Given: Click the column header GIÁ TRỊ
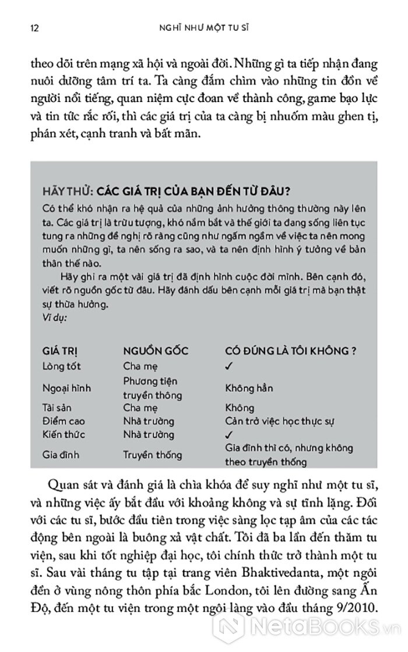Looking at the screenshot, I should pyautogui.click(x=64, y=352).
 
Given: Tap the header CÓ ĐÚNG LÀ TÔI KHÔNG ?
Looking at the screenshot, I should pyautogui.click(x=290, y=352).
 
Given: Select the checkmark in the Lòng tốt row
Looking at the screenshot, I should pyautogui.click(x=228, y=366).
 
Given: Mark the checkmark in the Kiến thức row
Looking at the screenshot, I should pyautogui.click(x=228, y=435).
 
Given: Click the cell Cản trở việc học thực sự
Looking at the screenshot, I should pyautogui.click(x=286, y=421).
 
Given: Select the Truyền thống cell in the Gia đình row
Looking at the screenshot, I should pyautogui.click(x=152, y=455).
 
